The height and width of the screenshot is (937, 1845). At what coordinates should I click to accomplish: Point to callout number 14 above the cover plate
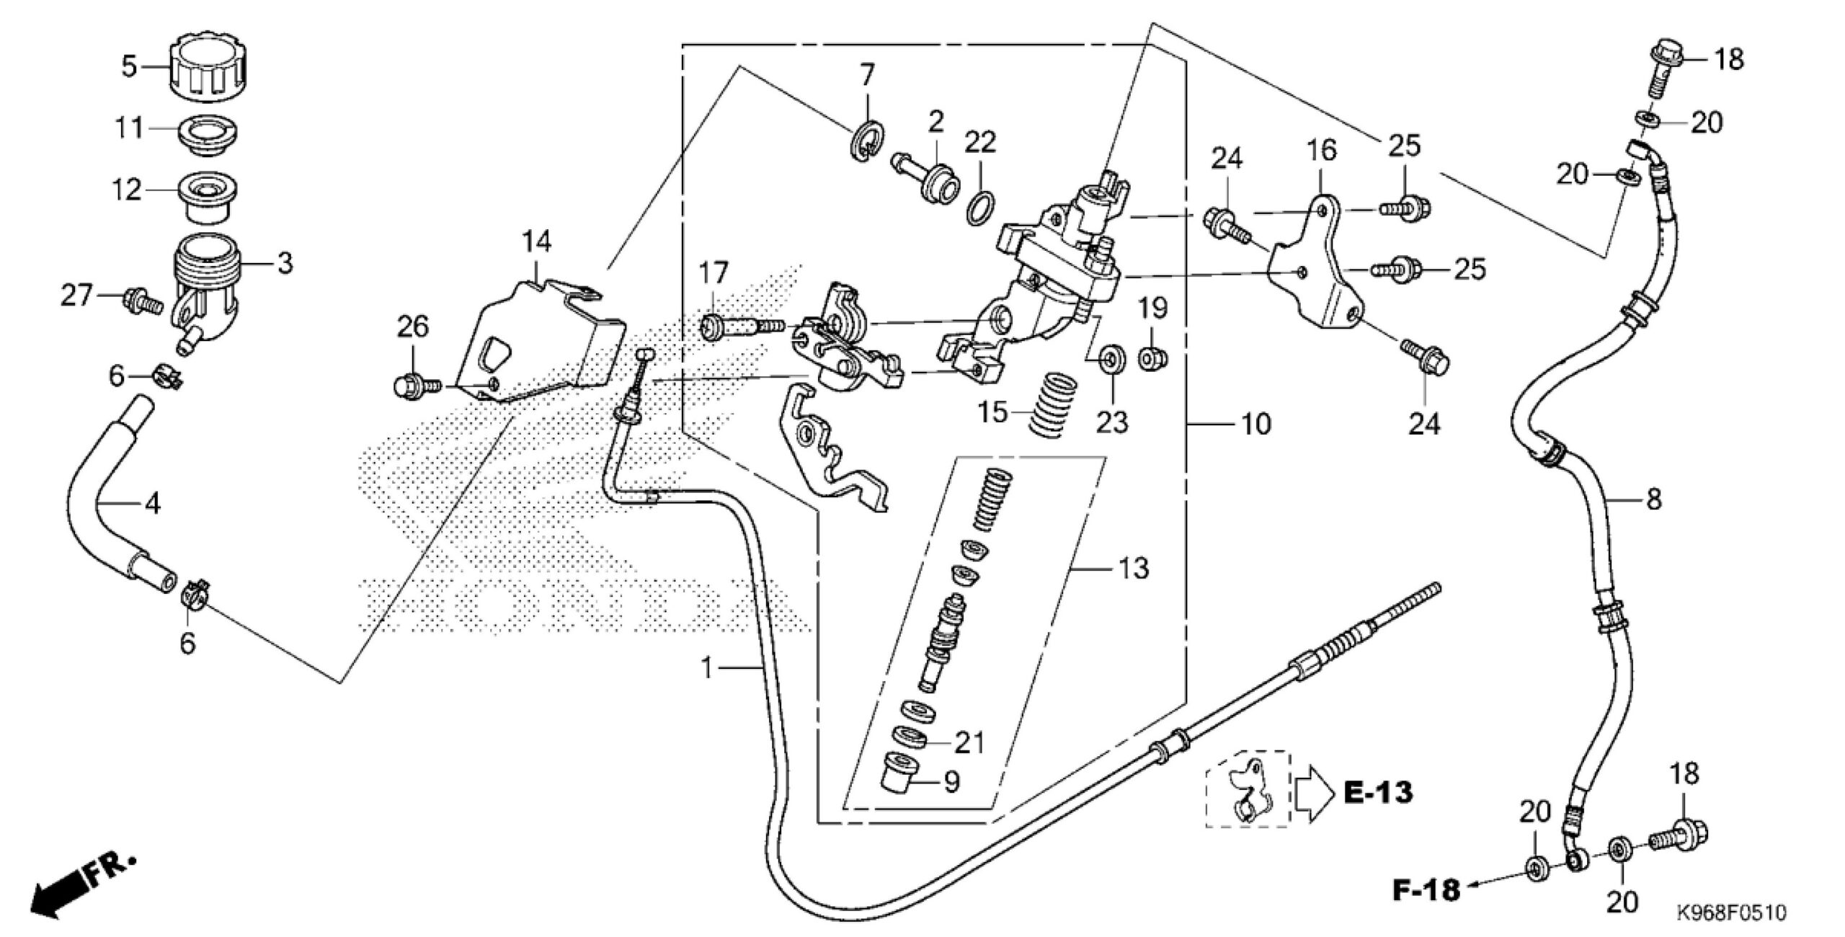(x=538, y=241)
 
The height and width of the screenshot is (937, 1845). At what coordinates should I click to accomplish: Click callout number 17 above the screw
(x=713, y=274)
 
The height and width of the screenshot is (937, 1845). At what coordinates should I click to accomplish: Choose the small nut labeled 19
(x=1152, y=358)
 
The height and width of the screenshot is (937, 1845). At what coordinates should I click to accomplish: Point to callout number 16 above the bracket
(x=1321, y=150)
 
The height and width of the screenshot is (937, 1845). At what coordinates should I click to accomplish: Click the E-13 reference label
(x=1378, y=793)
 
